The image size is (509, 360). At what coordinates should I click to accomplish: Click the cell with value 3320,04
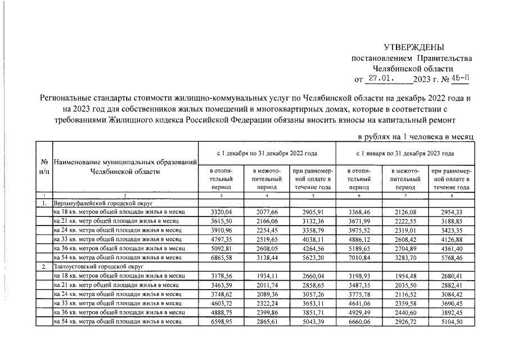click(x=220, y=212)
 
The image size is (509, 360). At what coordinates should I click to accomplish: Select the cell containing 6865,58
click(x=220, y=257)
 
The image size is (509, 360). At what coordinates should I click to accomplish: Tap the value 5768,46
click(x=451, y=257)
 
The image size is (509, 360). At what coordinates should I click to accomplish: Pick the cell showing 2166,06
click(x=267, y=221)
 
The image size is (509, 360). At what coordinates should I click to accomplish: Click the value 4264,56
click(x=313, y=248)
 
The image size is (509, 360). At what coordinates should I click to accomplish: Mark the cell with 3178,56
click(x=220, y=276)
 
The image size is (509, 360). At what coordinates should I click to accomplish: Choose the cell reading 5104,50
click(x=451, y=321)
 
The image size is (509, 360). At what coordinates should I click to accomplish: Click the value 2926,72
click(x=405, y=321)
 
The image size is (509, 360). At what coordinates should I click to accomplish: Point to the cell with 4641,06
click(x=359, y=303)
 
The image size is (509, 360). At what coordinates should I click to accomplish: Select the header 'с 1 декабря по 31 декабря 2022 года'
click(x=267, y=153)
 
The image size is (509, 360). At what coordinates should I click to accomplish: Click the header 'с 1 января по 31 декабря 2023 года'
click(x=405, y=153)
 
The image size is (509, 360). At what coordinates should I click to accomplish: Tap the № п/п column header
click(x=43, y=166)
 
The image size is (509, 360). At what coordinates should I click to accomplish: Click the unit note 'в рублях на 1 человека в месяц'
click(x=416, y=137)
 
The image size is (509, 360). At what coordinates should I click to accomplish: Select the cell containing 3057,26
click(x=313, y=294)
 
